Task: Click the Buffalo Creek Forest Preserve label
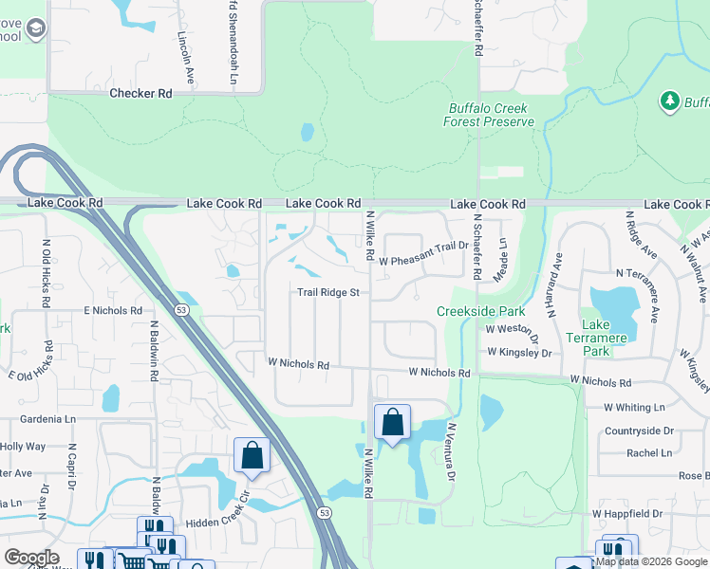point(487,115)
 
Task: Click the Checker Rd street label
point(140,93)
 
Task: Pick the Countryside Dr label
point(639,430)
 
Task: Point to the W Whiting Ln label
point(634,407)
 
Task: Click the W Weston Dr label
point(513,330)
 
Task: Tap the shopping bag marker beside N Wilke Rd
point(392,424)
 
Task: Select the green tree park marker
point(670,100)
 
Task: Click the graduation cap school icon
point(35,30)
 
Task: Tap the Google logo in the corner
point(31,558)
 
